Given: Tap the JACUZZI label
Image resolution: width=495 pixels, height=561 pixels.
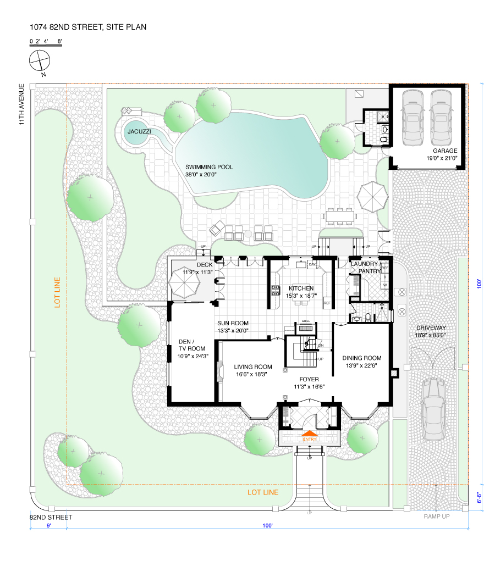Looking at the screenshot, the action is pos(137,132).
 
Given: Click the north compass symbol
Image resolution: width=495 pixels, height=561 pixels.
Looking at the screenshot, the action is pos(40,60).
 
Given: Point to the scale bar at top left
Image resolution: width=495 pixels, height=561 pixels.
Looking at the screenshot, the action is pos(45,42).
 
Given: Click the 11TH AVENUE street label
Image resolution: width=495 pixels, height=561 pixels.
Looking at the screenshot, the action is pos(21,105).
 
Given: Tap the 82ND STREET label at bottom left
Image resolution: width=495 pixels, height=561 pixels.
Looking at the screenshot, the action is pos(51,518).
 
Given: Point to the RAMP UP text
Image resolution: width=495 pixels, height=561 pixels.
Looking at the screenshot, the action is pos(437,516).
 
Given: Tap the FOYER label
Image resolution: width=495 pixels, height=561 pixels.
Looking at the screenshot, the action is pos(309,379).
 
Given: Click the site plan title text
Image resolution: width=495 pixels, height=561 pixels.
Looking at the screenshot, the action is pos(88,26).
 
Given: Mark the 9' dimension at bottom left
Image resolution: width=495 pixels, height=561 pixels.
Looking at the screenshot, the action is pos(48,526).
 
